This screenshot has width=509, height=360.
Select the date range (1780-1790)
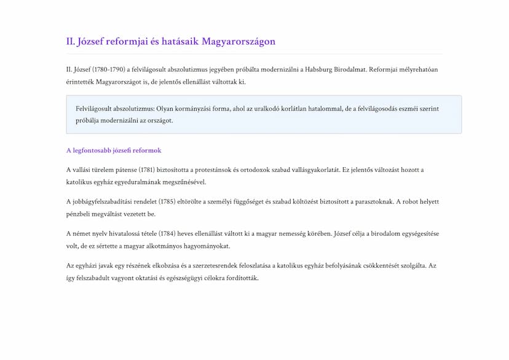[x=108, y=69]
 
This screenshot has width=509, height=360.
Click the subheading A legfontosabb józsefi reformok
[x=114, y=151]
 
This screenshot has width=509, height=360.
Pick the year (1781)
[x=146, y=170]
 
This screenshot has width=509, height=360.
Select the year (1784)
[x=168, y=233]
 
